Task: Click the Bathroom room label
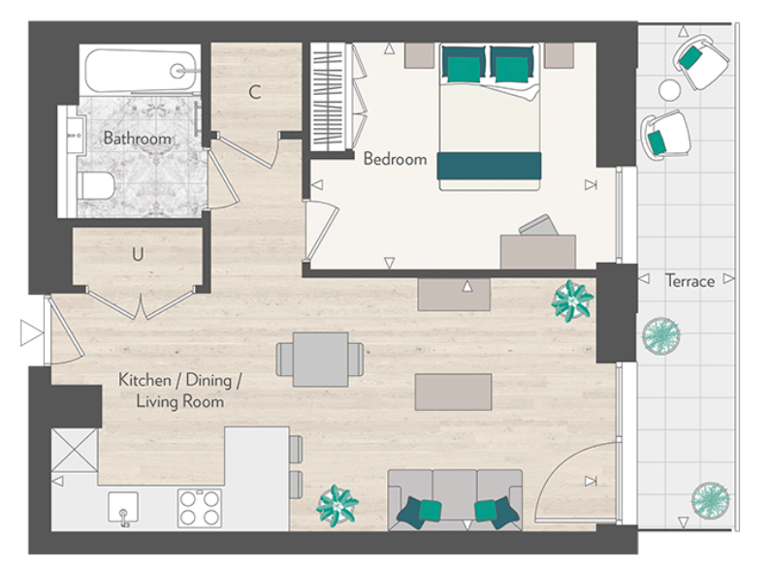pyautogui.click(x=137, y=139)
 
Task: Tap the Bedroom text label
pyautogui.click(x=395, y=159)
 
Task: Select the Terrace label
pyautogui.click(x=689, y=281)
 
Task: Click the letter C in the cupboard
pyautogui.click(x=254, y=93)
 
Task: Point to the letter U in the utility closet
pyautogui.click(x=139, y=255)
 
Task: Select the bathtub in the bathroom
pyautogui.click(x=142, y=70)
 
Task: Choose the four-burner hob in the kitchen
pyautogui.click(x=201, y=507)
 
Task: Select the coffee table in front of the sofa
pyautogui.click(x=454, y=392)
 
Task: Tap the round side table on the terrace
pyautogui.click(x=670, y=90)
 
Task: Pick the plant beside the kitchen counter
pyautogui.click(x=336, y=505)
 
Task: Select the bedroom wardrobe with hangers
pyautogui.click(x=331, y=97)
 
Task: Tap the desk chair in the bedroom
pyautogui.click(x=534, y=227)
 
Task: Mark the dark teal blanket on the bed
pyautogui.click(x=488, y=166)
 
